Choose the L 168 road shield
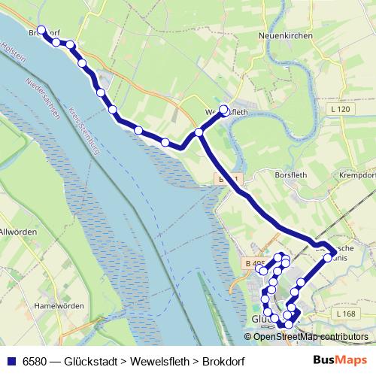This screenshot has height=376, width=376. coord(346,314)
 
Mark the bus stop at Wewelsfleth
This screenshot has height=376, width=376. coord(223,109)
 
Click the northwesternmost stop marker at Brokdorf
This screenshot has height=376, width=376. coord(41,31)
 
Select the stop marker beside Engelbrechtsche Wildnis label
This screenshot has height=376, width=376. coord(328,258)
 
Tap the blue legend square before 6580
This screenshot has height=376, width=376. coord(11,361)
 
